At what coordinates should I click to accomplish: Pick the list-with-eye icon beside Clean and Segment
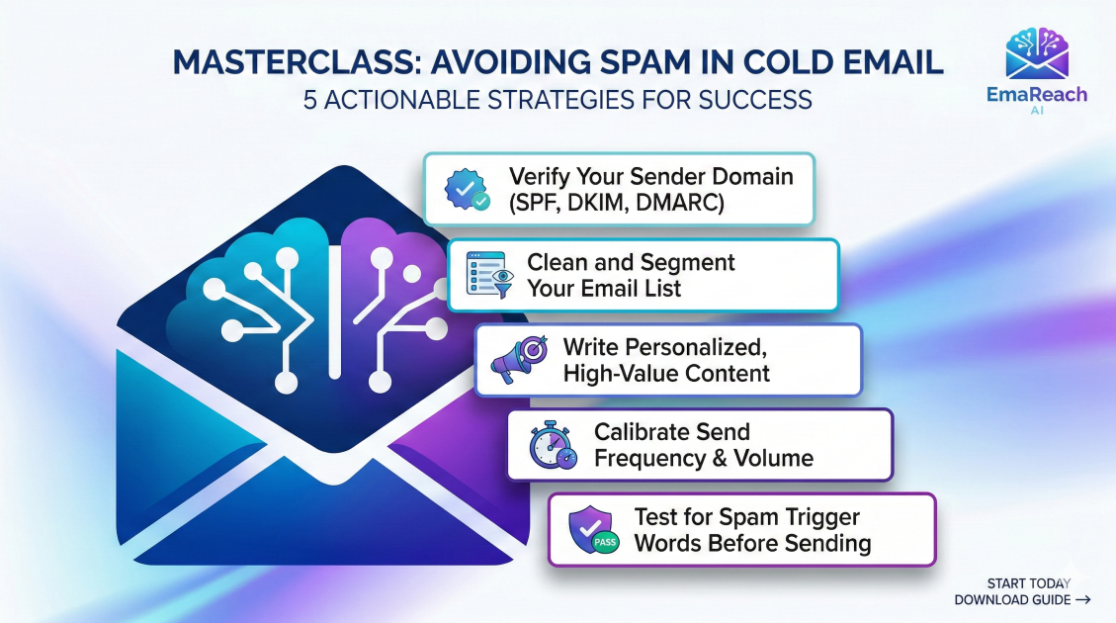pos(489,275)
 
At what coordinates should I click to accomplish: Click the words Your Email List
pos(604,289)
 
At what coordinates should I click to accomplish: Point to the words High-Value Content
pos(665,374)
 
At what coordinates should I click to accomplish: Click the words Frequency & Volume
pos(703,458)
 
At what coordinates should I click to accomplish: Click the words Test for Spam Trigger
pos(746,517)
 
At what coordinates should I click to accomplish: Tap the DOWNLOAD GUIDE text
pos(1011,600)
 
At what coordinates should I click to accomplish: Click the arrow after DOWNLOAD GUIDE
pos(1082,600)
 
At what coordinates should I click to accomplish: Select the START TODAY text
pos(1028,583)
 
